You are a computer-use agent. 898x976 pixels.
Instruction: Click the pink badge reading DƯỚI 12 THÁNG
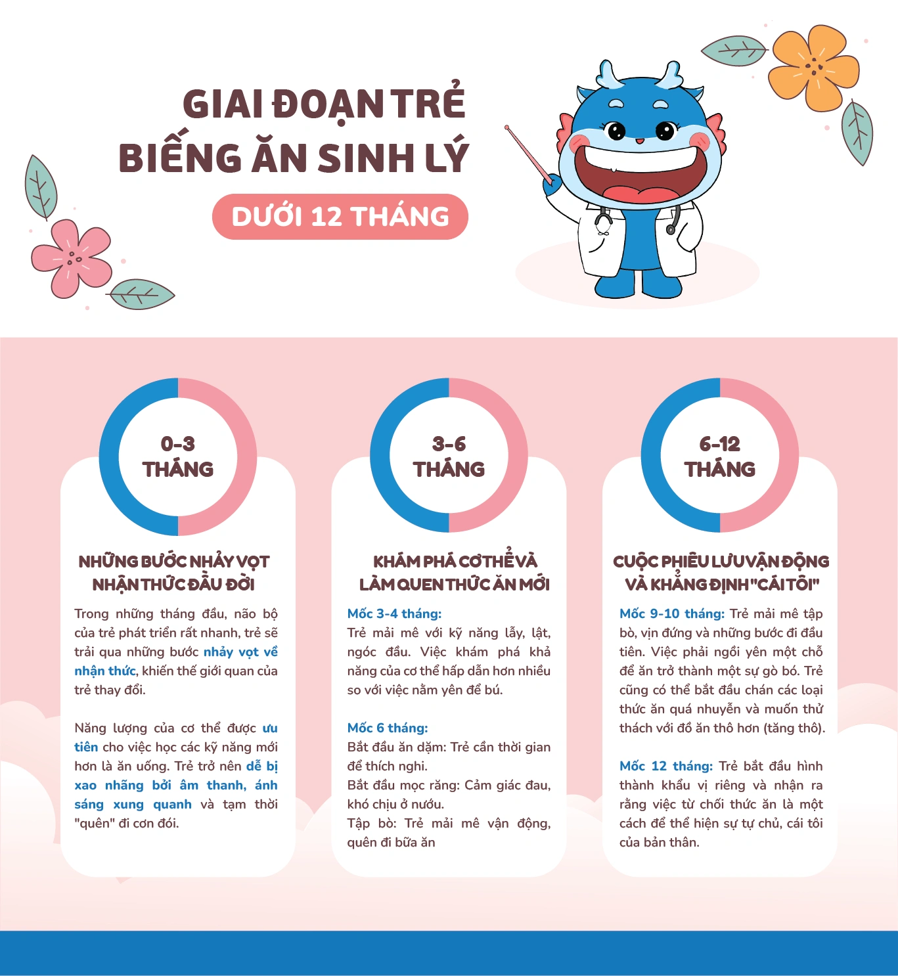tap(340, 217)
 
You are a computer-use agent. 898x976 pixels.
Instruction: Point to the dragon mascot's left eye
tap(616, 131)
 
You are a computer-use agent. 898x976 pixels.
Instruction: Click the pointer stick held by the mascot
tap(528, 155)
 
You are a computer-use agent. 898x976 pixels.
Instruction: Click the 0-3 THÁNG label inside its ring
tap(178, 456)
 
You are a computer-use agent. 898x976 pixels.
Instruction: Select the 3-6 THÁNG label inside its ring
tap(449, 456)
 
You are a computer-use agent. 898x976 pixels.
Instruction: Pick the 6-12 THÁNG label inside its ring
tap(720, 456)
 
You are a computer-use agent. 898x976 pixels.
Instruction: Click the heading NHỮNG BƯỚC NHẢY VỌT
tap(174, 562)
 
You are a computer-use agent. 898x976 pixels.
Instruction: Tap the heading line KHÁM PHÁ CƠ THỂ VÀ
tap(455, 562)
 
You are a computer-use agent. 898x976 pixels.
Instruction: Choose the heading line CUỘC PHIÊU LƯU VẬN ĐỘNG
tap(721, 562)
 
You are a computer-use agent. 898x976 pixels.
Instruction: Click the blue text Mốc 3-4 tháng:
tap(394, 613)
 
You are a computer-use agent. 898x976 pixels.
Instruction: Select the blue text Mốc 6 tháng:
tap(388, 728)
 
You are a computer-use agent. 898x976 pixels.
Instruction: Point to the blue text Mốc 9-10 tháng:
tap(671, 613)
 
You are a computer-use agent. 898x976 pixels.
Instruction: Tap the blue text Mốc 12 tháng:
tap(665, 766)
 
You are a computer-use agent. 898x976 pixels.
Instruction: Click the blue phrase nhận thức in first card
tap(104, 671)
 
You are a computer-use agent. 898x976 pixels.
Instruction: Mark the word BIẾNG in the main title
tap(180, 158)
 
